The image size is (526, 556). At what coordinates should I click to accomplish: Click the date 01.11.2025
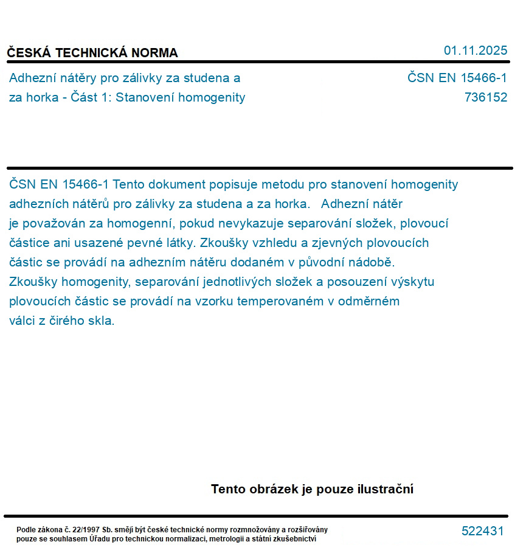tap(476, 50)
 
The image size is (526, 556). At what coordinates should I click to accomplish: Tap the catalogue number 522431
tap(483, 531)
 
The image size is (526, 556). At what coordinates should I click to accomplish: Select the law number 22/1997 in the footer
tap(85, 530)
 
